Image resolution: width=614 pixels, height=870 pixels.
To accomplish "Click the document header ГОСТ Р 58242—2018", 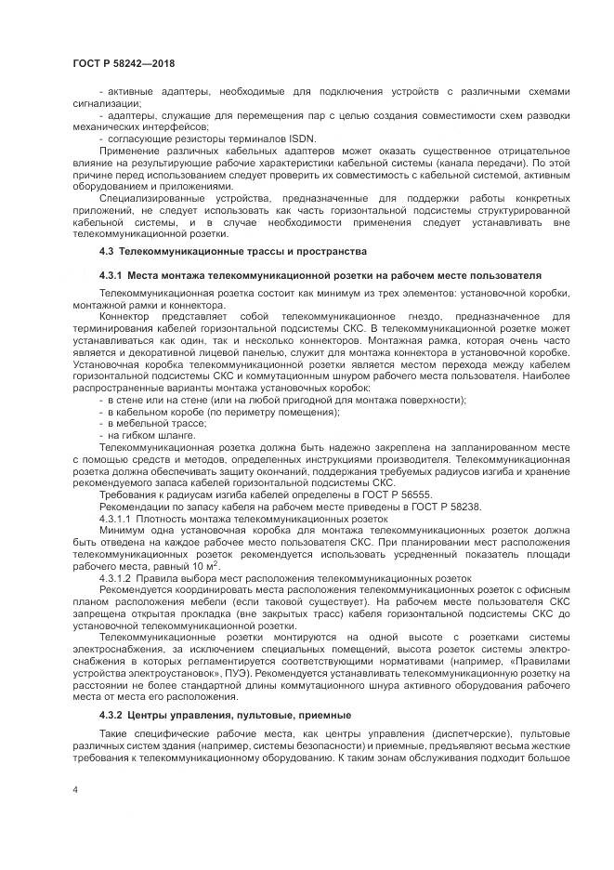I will point(123,63).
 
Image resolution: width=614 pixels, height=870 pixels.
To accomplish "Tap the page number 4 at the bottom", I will point(74,789).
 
